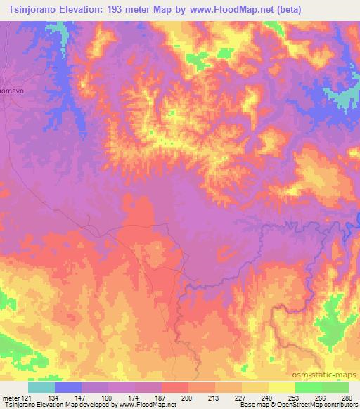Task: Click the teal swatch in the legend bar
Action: click(41, 387)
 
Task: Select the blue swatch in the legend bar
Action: click(68, 387)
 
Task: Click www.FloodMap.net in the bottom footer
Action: click(150, 404)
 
